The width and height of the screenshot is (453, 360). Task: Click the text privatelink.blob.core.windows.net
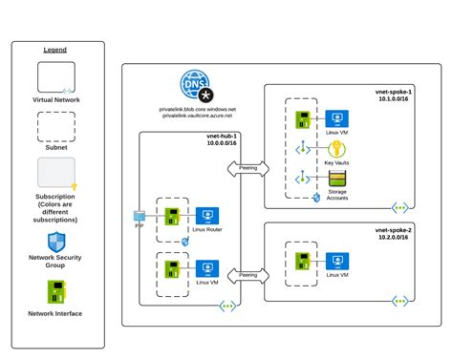(x=197, y=109)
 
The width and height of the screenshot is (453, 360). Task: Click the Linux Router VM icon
(x=204, y=215)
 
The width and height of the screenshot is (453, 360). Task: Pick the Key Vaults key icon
(x=335, y=149)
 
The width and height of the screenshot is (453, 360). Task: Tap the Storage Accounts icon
(x=335, y=179)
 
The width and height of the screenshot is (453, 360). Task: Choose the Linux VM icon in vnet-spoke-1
(x=335, y=119)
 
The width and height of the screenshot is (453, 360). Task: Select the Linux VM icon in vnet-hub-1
(x=204, y=268)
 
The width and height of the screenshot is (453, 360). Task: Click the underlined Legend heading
(x=55, y=50)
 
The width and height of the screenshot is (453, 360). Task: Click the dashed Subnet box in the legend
(x=55, y=126)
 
